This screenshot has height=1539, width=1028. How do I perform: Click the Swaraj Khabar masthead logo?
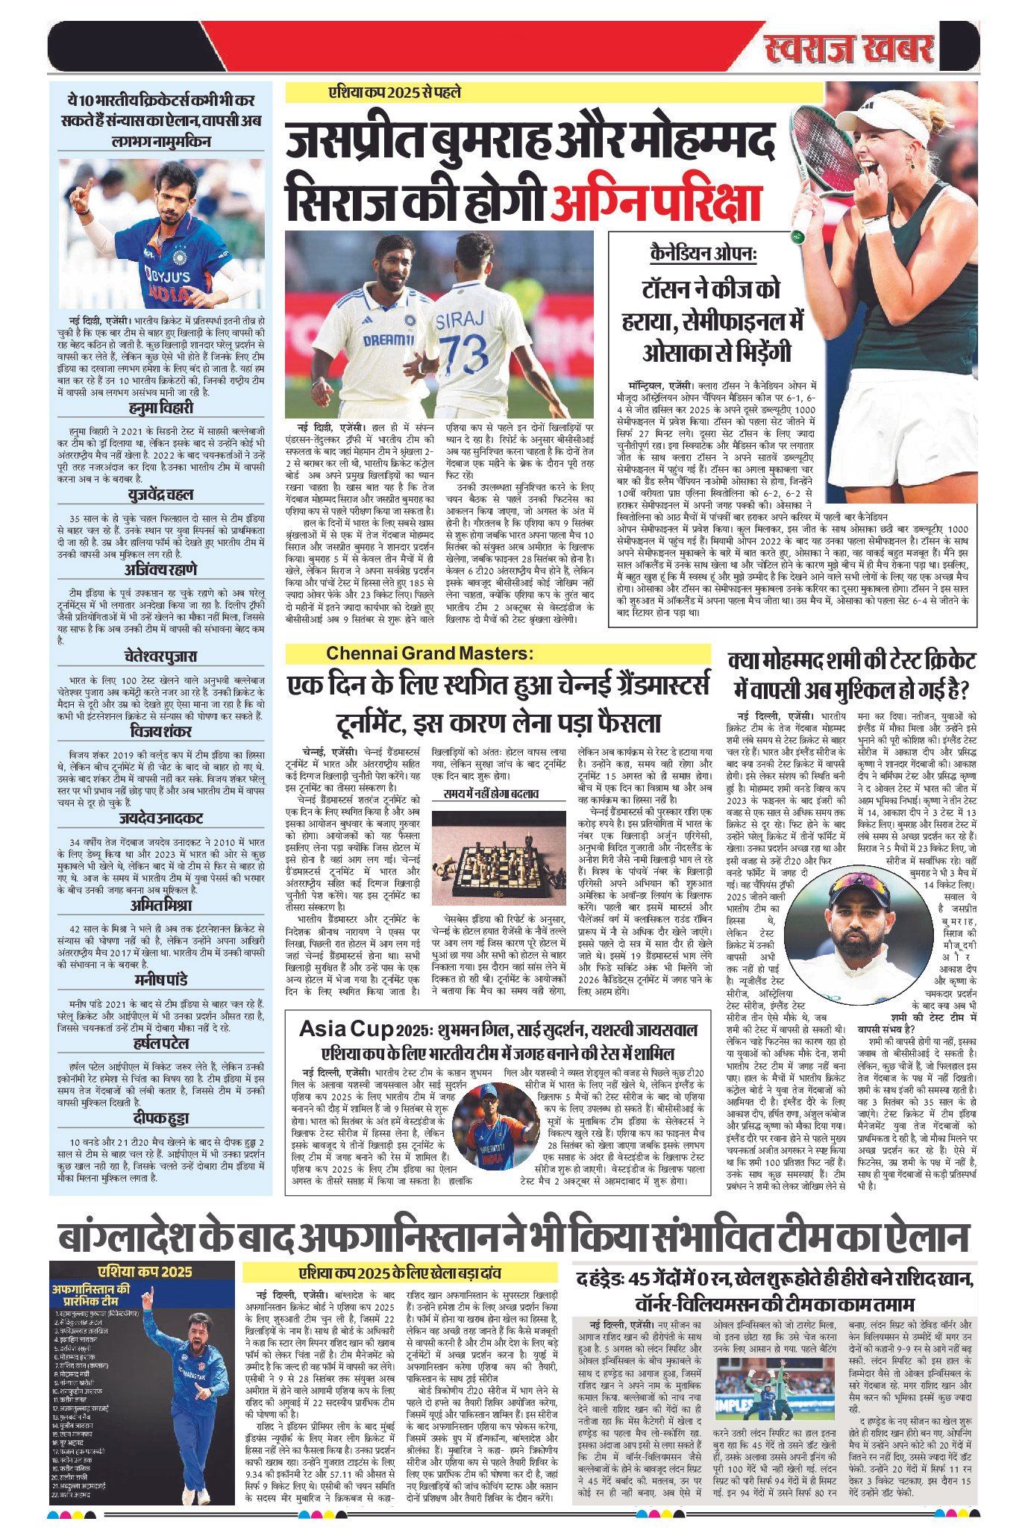click(x=848, y=50)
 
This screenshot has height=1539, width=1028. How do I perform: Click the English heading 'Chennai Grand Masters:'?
click(x=430, y=653)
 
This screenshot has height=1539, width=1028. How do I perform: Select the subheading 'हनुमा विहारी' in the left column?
click(x=160, y=407)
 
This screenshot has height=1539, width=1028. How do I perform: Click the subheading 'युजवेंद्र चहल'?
click(x=160, y=494)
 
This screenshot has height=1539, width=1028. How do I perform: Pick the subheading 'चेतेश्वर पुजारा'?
click(x=160, y=656)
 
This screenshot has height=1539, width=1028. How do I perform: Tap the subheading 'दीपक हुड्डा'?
click(x=160, y=1118)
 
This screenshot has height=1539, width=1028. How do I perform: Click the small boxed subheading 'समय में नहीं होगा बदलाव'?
click(x=491, y=794)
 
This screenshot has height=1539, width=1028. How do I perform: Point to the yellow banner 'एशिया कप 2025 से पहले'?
click(x=395, y=93)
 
